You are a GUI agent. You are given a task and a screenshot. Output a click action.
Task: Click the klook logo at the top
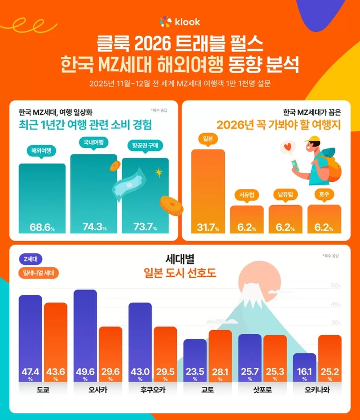[180, 22]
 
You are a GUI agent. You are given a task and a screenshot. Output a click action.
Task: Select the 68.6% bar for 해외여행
[42, 198]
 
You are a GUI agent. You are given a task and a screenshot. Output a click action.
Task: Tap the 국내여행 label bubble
[94, 142]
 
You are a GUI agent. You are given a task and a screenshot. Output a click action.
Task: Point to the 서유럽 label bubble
[247, 195]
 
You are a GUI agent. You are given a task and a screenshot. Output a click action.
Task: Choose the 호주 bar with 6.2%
[324, 219]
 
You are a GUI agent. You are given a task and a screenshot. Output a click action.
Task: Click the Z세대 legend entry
[31, 259]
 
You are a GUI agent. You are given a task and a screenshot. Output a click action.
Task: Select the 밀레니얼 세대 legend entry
[38, 273]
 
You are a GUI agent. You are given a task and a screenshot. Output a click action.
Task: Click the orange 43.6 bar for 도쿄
[56, 342]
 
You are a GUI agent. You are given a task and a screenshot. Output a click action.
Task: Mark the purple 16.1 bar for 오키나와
[304, 367]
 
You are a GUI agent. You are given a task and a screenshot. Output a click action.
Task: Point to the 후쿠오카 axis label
[153, 390]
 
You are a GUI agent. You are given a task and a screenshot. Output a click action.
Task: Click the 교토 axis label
[208, 390]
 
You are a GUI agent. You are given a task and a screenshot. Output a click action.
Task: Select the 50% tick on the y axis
[336, 285]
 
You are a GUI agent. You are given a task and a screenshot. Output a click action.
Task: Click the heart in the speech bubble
[288, 147]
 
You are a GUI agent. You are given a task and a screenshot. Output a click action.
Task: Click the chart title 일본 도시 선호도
[180, 273]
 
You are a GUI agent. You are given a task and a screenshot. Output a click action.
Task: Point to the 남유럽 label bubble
[285, 195]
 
